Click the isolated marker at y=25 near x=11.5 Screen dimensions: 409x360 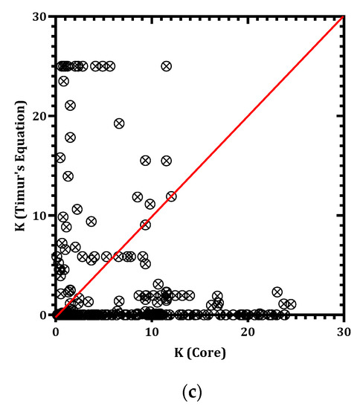coord(166,66)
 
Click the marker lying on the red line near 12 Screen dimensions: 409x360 coord(172,196)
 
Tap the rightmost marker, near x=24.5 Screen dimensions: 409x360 coord(292,304)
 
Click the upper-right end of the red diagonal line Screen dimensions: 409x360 coord(343,16)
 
